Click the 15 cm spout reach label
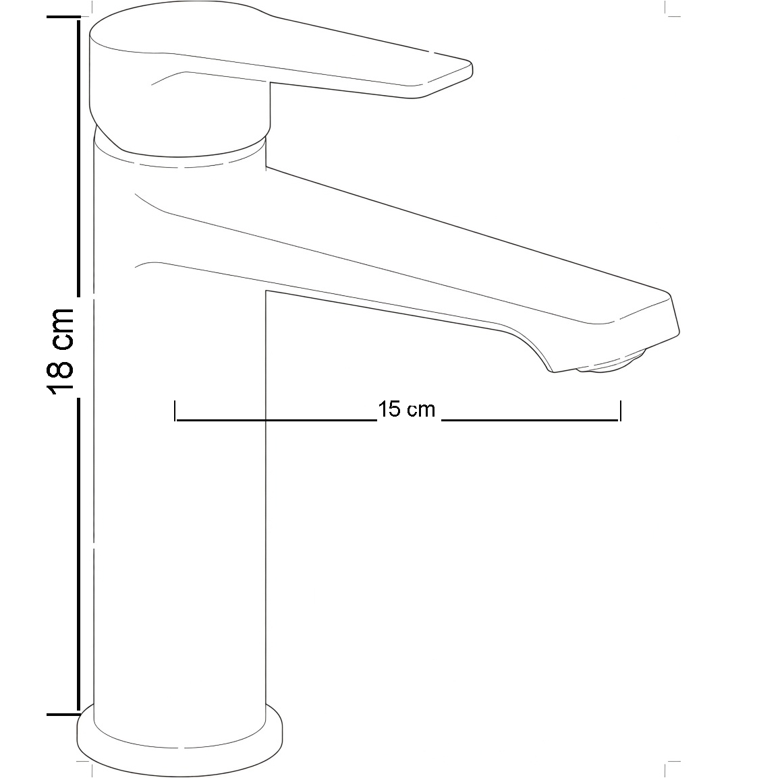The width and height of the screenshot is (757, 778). click(407, 410)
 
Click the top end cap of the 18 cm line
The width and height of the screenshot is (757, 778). click(63, 17)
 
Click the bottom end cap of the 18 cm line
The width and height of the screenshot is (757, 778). click(63, 715)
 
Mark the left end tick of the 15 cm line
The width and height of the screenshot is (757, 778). click(175, 411)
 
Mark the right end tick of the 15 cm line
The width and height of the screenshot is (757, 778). click(621, 411)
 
